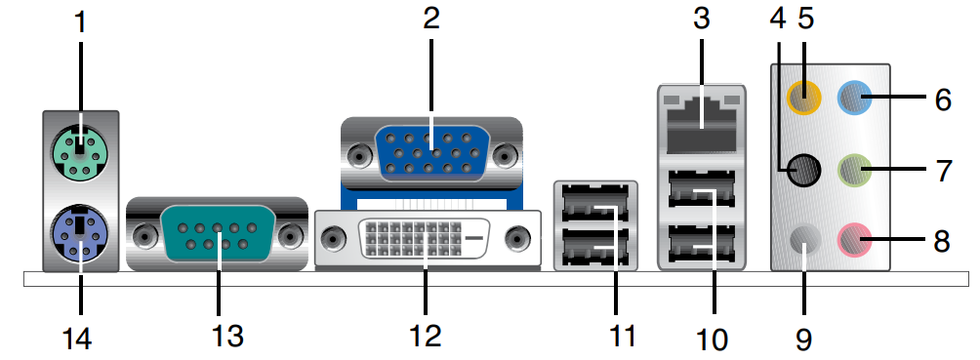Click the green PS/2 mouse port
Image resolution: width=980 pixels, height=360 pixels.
click(79, 150)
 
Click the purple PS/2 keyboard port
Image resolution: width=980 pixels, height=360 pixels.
click(80, 236)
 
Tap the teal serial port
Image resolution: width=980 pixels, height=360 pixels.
click(218, 236)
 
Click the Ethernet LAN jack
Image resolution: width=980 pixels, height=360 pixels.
click(701, 125)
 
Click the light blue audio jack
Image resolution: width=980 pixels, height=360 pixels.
click(854, 97)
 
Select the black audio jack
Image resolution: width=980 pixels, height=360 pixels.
click(802, 169)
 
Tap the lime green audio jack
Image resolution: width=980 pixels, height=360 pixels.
click(854, 170)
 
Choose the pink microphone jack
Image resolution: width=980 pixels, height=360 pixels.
click(854, 239)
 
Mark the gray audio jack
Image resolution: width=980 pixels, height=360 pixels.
click(803, 240)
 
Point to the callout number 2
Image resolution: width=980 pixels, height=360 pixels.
click(431, 18)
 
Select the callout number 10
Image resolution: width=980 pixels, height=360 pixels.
click(712, 340)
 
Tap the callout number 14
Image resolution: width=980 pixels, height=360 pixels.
click(77, 339)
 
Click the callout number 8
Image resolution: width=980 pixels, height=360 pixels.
click(941, 241)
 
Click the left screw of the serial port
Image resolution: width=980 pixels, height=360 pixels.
click(144, 236)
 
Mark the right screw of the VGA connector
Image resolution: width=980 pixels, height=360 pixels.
click(504, 154)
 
